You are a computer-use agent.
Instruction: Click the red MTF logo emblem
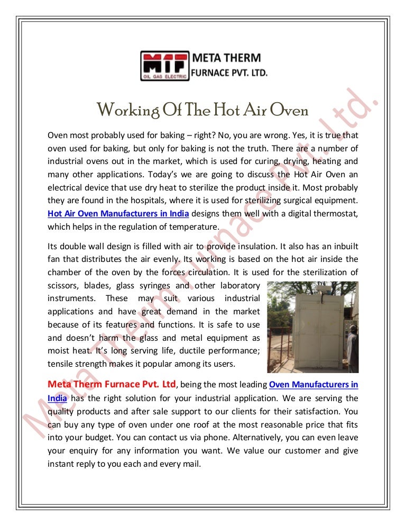pyautogui.click(x=164, y=65)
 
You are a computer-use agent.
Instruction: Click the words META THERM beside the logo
pyautogui.click(x=225, y=57)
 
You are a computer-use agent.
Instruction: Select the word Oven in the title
pyautogui.click(x=289, y=111)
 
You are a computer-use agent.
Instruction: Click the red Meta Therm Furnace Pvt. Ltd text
pyautogui.click(x=112, y=384)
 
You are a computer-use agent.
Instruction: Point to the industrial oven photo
pyautogui.click(x=312, y=327)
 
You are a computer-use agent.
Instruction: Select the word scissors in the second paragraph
pyautogui.click(x=62, y=286)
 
